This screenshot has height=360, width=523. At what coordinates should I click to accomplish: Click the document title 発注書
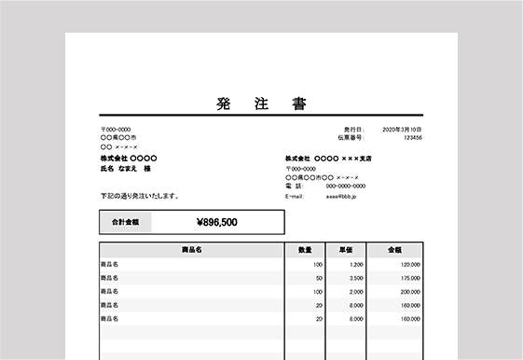click(260, 104)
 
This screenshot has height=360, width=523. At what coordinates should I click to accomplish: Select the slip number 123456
click(412, 138)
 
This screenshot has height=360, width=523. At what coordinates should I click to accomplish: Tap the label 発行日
click(351, 129)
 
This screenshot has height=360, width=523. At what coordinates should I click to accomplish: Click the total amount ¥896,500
click(217, 222)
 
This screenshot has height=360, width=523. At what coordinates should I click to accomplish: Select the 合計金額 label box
click(125, 222)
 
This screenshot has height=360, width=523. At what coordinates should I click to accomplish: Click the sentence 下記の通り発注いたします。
click(140, 196)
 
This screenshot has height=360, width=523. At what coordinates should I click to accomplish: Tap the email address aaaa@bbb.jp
click(348, 197)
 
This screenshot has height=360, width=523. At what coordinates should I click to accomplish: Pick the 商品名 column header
click(192, 250)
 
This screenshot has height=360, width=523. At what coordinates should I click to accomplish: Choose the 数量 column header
click(305, 250)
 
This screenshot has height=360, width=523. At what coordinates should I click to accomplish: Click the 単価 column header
click(345, 250)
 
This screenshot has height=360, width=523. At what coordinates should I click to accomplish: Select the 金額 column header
click(394, 250)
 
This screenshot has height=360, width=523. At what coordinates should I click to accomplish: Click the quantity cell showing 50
click(319, 278)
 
